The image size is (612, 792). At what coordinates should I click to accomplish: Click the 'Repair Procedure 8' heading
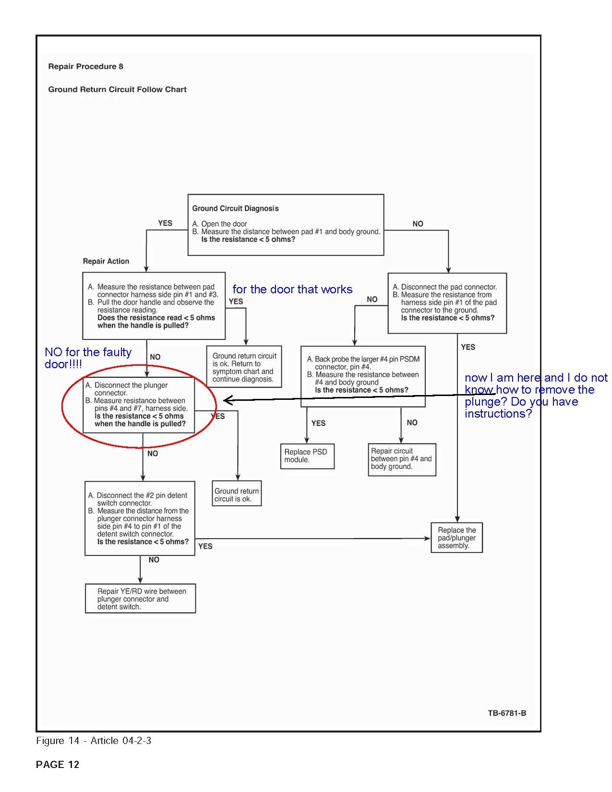[85, 67]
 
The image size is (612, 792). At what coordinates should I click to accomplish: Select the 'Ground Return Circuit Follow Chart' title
[117, 90]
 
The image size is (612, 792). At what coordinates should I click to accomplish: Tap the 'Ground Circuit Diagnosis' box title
[235, 209]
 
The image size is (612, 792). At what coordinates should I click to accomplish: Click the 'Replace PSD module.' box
[307, 456]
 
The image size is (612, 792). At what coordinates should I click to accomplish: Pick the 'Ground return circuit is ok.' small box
[237, 494]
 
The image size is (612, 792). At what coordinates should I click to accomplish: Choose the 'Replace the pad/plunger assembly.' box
[456, 538]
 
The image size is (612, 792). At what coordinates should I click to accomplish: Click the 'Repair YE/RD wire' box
[141, 599]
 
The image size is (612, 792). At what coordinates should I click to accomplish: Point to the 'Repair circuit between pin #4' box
[402, 459]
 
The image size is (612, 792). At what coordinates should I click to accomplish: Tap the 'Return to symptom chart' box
[244, 367]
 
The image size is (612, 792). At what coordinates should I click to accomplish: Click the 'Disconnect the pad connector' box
[447, 303]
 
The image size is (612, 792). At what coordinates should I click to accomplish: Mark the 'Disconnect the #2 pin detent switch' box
[140, 518]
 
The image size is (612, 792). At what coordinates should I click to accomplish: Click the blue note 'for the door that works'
[292, 289]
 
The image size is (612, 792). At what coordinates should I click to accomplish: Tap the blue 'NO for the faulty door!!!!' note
[88, 358]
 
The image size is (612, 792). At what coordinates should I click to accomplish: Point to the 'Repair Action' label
[106, 262]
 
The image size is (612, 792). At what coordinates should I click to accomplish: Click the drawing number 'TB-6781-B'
[507, 713]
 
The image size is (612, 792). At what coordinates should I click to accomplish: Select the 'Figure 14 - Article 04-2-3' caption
[94, 741]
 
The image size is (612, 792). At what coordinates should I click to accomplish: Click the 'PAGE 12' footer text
[58, 765]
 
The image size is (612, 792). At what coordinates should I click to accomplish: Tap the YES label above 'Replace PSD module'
[318, 423]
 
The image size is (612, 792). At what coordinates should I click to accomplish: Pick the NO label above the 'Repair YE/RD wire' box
[154, 560]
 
